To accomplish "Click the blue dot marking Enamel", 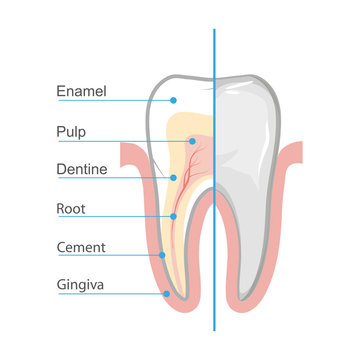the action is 173,101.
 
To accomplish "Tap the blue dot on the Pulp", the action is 192,141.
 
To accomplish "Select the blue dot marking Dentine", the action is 173,179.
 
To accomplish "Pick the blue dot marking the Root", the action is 172,217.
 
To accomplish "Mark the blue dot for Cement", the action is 162,255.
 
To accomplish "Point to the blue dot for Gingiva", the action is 166,294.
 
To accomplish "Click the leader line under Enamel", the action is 110,101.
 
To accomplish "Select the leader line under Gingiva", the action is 110,294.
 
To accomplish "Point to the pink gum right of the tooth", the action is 290,230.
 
